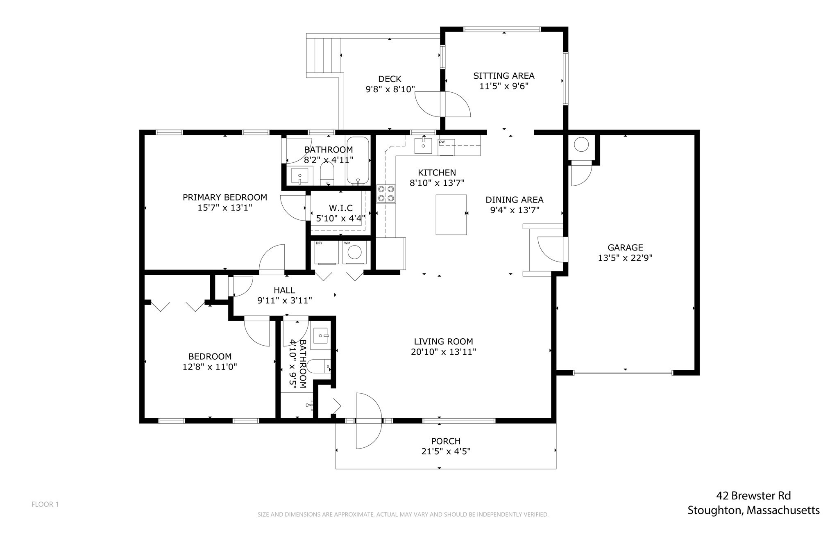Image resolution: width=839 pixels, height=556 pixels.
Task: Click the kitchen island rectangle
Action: tap(451, 214)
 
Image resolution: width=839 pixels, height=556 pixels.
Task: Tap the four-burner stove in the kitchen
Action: tap(386, 194)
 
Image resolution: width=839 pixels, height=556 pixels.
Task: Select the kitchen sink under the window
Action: tap(423, 145)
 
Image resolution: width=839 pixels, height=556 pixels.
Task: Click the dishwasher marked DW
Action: tap(446, 147)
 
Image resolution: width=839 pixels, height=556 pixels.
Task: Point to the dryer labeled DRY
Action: tap(326, 253)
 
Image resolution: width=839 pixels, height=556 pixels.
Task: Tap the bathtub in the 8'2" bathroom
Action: tap(358, 161)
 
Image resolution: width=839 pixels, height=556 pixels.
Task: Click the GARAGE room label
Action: tap(625, 247)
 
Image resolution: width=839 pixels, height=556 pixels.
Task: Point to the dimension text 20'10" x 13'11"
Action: tap(443, 352)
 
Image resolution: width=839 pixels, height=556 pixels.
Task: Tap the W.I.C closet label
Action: tap(340, 208)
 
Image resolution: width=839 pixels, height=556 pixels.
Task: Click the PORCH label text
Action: tap(446, 441)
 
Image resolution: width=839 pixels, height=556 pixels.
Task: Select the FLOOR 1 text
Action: tap(45, 504)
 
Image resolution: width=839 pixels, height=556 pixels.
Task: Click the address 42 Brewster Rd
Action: tap(753, 496)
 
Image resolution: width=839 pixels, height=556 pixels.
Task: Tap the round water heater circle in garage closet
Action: tap(581, 145)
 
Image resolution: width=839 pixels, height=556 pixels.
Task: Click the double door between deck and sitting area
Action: tap(442, 104)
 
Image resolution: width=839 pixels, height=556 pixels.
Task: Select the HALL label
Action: tap(284, 290)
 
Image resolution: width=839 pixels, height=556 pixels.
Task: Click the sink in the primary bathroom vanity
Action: tap(299, 177)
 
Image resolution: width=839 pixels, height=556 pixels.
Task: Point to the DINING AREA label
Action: tap(514, 200)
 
